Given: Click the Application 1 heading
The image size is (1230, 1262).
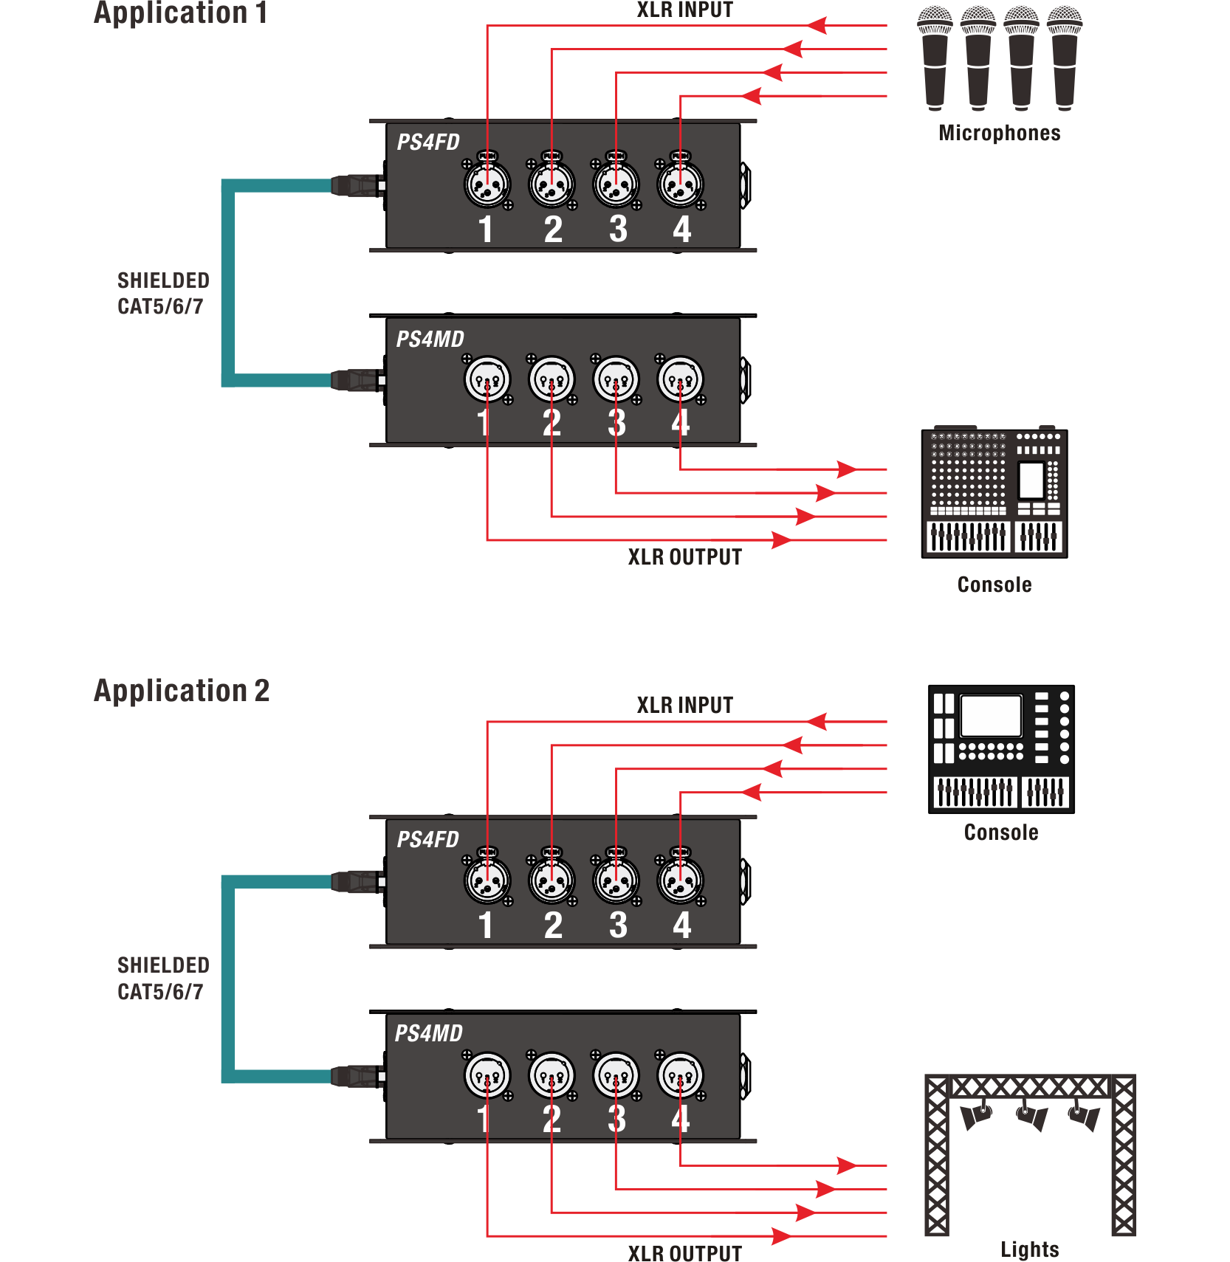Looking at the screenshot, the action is click(180, 13).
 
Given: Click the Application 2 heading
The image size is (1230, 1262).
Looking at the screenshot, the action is click(182, 691).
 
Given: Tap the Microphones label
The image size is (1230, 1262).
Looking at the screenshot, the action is click(1000, 133).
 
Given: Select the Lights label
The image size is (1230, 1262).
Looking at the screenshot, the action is click(1030, 1249).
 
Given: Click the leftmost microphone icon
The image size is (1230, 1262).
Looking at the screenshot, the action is click(935, 58).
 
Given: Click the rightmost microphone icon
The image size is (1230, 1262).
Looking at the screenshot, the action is click(1065, 58).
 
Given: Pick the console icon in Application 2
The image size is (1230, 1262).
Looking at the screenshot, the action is click(1001, 749).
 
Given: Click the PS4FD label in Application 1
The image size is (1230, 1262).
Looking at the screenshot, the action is click(428, 142).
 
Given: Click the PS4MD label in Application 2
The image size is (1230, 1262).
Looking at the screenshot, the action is click(429, 1033).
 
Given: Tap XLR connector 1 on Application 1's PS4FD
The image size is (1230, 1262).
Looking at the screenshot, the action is click(487, 184).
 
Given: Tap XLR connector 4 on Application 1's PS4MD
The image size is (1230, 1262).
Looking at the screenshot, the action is click(681, 379).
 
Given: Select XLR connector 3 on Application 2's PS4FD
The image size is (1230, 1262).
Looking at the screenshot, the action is click(616, 880).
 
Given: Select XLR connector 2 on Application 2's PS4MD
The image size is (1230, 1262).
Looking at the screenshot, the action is click(552, 1076).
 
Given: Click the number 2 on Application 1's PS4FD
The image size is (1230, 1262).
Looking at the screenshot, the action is click(553, 229).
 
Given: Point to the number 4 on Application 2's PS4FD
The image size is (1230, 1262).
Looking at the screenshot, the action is click(681, 925).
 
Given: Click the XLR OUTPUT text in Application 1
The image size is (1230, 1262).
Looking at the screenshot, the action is click(685, 557).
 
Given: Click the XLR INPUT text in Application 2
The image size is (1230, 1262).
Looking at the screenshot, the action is click(685, 706).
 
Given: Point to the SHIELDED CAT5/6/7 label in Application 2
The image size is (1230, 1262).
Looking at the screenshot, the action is click(163, 979).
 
